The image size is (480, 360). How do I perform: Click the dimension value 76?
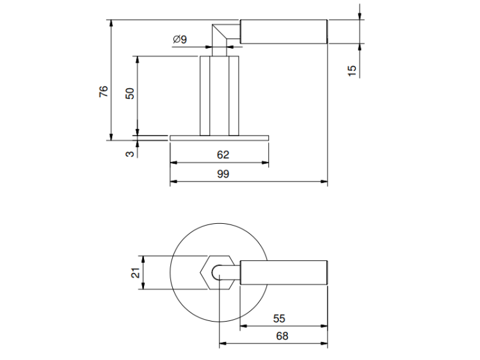click(104, 91)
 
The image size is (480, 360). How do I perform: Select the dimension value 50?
click(130, 93)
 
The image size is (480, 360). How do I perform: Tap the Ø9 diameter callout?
click(180, 40)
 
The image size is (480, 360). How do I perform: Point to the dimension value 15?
click(352, 70)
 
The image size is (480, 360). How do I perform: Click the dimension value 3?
click(130, 153)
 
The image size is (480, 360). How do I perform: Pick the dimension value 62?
click(223, 155)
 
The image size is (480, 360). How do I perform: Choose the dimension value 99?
click(223, 174)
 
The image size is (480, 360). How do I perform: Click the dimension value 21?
click(135, 272)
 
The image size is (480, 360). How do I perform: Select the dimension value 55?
click(279, 318)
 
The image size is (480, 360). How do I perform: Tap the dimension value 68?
click(282, 336)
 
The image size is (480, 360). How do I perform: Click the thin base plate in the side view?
click(219, 138)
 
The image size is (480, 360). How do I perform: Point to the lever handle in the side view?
click(284, 31)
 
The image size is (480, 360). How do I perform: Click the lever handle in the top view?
click(284, 272)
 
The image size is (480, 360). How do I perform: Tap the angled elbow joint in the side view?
click(220, 36)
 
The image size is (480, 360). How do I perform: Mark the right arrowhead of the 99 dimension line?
click(324, 182)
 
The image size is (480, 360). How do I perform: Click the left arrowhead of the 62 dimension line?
click(174, 162)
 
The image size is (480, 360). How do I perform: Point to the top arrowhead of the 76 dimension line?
click(111, 24)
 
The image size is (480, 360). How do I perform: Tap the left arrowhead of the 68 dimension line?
click(223, 343)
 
